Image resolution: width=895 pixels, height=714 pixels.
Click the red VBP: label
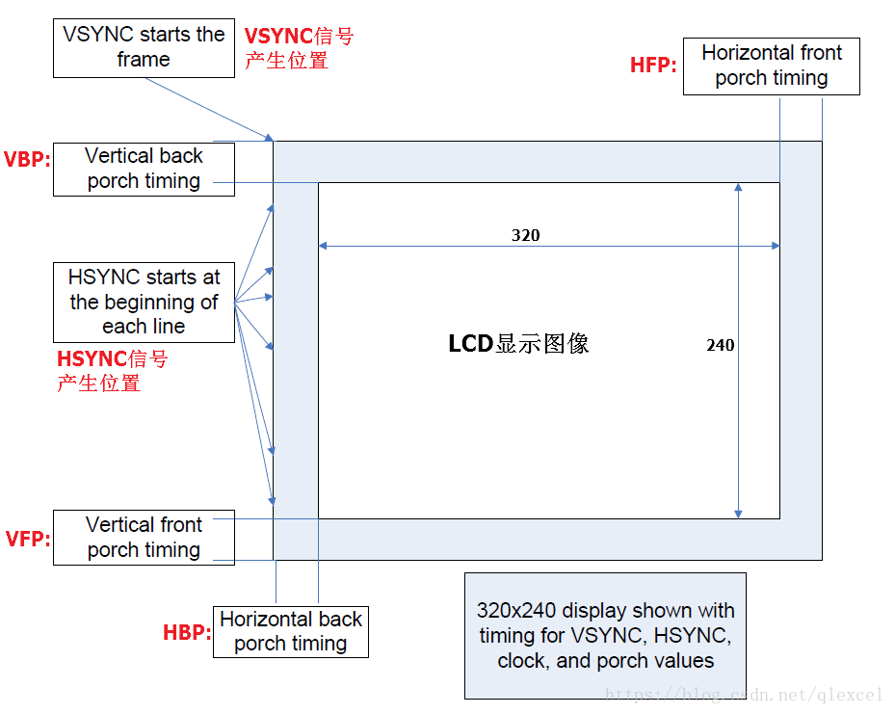pyautogui.click(x=27, y=159)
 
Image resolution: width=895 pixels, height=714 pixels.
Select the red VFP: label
pyautogui.click(x=27, y=539)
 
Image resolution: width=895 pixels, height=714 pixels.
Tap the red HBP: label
pyautogui.click(x=186, y=632)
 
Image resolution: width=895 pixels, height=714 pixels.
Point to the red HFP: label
pyautogui.click(x=653, y=65)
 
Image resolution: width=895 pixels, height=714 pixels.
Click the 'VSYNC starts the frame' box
pyautogui.click(x=144, y=47)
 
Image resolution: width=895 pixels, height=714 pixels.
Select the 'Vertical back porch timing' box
pyautogui.click(x=144, y=169)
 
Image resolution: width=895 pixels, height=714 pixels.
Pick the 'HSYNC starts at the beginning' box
pyautogui.click(x=144, y=302)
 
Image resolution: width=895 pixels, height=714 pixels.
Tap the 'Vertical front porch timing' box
pyautogui.click(x=144, y=538)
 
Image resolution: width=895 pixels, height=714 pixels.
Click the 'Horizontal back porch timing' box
pyautogui.click(x=290, y=632)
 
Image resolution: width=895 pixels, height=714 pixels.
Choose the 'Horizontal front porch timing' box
pyautogui.click(x=771, y=66)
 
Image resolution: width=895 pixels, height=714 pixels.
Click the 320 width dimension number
pyautogui.click(x=525, y=235)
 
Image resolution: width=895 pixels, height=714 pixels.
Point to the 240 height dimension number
pyautogui.click(x=720, y=345)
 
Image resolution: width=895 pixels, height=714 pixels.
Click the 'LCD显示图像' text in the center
pyautogui.click(x=518, y=344)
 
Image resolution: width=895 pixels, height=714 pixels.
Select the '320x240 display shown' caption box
pyautogui.click(x=605, y=636)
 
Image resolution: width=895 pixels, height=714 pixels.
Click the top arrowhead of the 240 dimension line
pyautogui.click(x=738, y=188)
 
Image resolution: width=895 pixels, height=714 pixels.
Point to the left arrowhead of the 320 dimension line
pyautogui.click(x=324, y=247)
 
